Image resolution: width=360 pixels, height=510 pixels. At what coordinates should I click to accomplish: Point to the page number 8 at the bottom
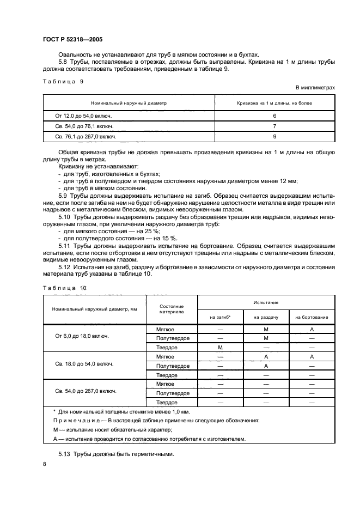44,464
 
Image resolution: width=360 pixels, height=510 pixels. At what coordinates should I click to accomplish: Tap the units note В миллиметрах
315,87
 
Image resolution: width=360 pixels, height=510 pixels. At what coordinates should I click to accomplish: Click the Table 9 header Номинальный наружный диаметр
129,102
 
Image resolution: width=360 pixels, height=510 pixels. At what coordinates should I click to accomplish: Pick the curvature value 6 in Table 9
274,116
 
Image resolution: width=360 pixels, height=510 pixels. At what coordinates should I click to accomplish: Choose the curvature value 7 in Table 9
274,126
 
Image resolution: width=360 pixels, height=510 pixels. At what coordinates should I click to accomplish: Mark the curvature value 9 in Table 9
274,137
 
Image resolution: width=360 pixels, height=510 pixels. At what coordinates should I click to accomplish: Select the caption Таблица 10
64,287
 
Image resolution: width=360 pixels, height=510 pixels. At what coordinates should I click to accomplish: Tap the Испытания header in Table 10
266,302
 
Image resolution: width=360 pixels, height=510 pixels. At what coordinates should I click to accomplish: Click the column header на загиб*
220,317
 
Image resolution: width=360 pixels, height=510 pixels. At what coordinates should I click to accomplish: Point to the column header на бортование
312,317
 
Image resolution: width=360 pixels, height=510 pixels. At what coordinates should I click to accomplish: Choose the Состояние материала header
171,309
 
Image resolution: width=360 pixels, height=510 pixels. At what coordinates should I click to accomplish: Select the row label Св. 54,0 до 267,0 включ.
86,391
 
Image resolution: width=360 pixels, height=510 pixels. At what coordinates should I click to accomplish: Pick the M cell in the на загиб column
220,347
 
